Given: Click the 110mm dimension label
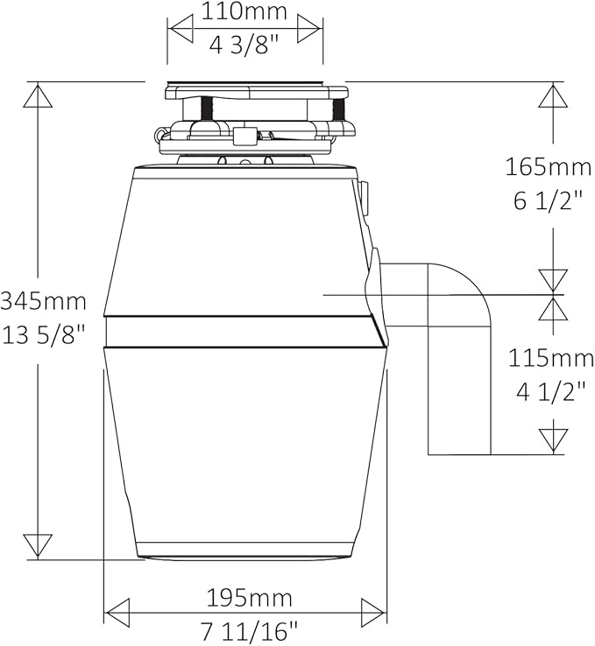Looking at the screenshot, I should (244, 12).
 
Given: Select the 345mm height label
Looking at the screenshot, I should (44, 301).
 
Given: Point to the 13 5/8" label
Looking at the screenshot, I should (44, 334).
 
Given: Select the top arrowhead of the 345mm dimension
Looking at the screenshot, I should (38, 96).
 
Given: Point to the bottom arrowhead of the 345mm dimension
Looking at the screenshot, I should (38, 545).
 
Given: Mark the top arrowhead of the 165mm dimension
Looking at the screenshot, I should (553, 96).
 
